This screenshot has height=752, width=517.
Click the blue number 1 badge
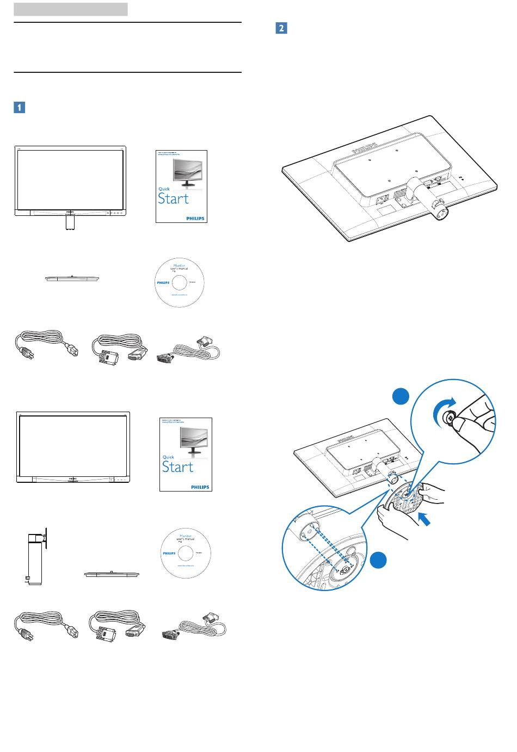pos(19,107)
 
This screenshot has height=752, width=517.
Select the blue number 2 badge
pos(281,28)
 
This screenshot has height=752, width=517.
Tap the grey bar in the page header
pos(71,9)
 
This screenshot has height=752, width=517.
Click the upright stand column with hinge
pos(35,558)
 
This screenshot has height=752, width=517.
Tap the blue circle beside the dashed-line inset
pos(380,561)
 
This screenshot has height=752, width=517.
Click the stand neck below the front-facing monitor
pos(69,223)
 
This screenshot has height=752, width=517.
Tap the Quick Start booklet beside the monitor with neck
pos(181,185)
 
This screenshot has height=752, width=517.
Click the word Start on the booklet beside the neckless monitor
pos(178,467)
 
